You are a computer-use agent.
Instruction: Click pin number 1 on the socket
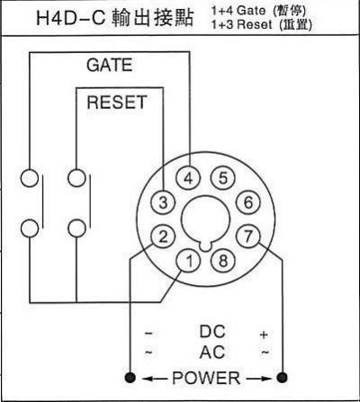coord(188,260)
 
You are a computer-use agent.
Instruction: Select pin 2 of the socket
coord(163,237)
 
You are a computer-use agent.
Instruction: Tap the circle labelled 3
coord(163,202)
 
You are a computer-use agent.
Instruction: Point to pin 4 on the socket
coord(188,178)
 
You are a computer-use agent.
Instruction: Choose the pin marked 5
coord(223,178)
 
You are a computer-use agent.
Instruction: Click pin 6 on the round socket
coord(248,202)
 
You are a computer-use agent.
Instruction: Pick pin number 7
coord(248,237)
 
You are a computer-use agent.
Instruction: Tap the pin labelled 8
coord(223,260)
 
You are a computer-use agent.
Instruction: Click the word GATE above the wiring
coord(110,65)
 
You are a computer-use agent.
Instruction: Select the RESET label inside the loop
coord(117,102)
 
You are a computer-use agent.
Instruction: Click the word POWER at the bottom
coord(206,378)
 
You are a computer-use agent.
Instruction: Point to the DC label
coord(212,331)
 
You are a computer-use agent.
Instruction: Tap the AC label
coord(212,352)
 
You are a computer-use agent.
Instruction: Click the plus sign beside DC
coord(264,335)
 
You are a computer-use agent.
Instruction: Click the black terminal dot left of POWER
coord(130,378)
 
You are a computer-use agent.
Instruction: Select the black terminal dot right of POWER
coord(282,378)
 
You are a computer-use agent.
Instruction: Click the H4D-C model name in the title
coord(70,18)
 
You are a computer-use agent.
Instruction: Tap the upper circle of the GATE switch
coord(30,178)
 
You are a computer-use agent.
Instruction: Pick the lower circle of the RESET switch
coord(76,228)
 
